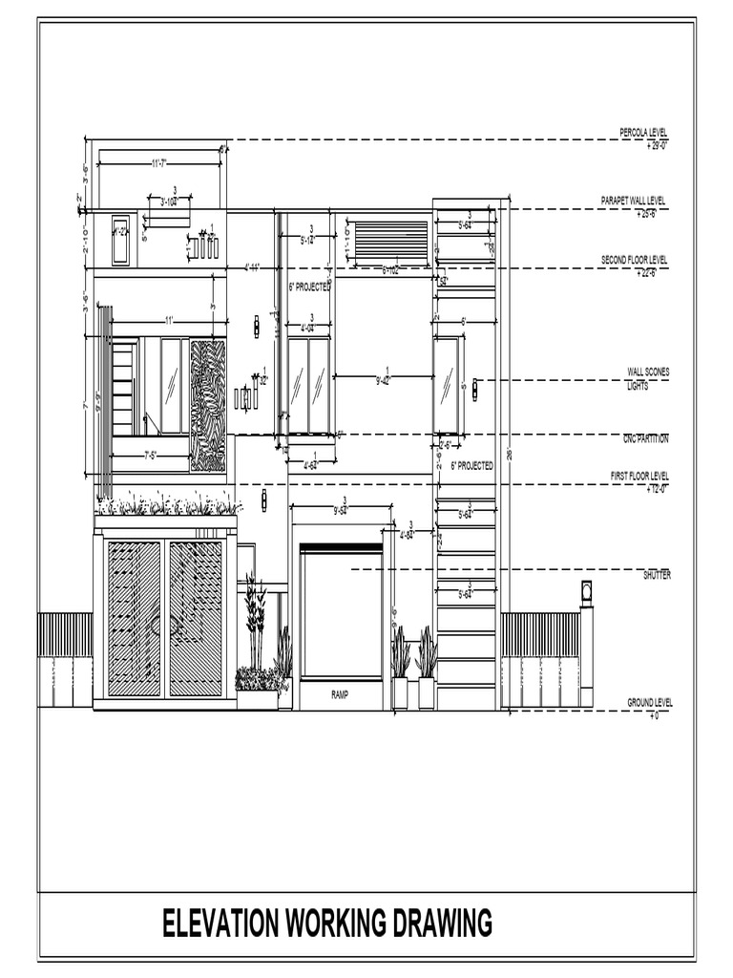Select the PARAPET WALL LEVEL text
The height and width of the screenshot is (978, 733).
634,201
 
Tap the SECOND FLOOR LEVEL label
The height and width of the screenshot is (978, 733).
634,260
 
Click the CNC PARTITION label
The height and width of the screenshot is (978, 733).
645,438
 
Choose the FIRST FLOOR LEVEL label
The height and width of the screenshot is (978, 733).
639,475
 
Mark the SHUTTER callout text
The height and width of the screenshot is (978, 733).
657,575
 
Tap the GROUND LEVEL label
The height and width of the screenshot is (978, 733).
649,702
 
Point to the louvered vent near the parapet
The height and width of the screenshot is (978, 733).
391,241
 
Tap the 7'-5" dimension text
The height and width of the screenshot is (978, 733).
150,456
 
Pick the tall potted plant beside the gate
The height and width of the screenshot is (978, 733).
255,621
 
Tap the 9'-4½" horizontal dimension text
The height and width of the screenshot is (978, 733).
384,379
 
